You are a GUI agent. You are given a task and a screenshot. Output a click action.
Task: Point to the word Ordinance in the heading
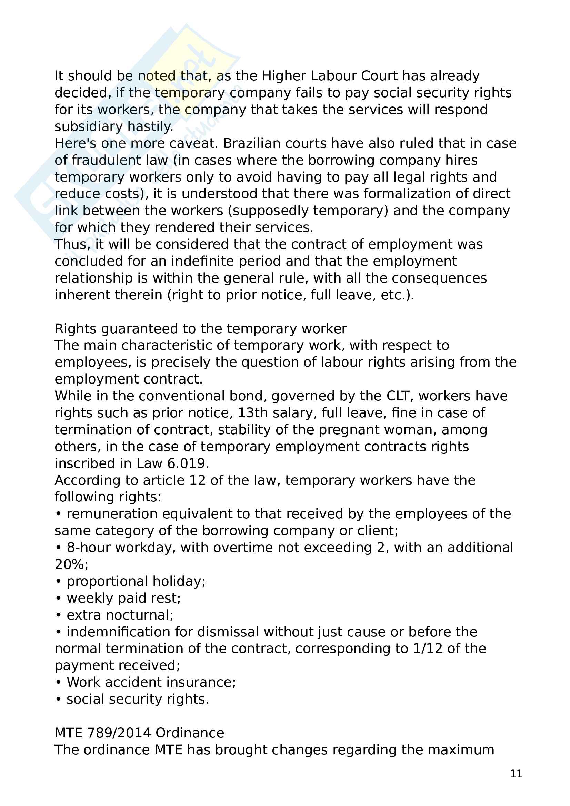point(190,733)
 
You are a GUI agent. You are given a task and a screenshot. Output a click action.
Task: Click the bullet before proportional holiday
point(58,582)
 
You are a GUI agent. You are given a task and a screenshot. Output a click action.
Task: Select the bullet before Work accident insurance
point(58,683)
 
